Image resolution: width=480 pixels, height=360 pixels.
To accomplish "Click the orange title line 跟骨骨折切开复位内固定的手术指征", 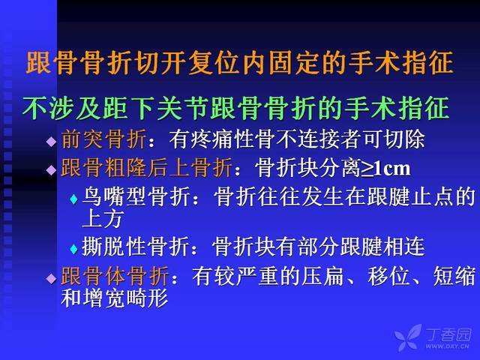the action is pyautogui.click(x=240, y=63).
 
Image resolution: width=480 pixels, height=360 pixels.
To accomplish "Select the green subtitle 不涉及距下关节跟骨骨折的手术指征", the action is pyautogui.click(x=236, y=108).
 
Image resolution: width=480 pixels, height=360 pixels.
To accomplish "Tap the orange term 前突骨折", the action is pyautogui.click(x=103, y=139).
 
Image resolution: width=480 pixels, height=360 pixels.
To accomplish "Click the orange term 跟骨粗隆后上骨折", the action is pyautogui.click(x=147, y=168).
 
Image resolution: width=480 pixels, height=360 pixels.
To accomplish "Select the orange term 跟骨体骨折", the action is pyautogui.click(x=115, y=276).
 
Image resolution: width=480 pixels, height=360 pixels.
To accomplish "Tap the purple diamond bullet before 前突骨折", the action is pyautogui.click(x=51, y=142).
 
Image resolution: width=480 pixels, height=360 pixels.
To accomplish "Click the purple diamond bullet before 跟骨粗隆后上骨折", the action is pyautogui.click(x=51, y=169).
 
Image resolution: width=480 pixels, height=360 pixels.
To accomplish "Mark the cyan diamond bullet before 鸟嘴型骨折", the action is pyautogui.click(x=73, y=199).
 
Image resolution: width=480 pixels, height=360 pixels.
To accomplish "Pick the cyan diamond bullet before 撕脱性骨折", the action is pyautogui.click(x=73, y=249).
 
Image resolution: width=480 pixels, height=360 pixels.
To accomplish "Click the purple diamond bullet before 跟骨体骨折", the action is pyautogui.click(x=51, y=278).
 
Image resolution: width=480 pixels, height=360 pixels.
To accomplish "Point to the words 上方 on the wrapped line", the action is pyautogui.click(x=103, y=219).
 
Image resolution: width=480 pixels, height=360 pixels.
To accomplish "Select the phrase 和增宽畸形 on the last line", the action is pyautogui.click(x=115, y=298).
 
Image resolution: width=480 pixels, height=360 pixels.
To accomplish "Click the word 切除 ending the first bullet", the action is pyautogui.click(x=405, y=139).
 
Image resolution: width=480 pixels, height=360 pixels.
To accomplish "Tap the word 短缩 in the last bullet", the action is pyautogui.click(x=454, y=276).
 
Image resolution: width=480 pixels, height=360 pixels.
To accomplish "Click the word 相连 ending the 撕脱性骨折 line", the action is pyautogui.click(x=403, y=247).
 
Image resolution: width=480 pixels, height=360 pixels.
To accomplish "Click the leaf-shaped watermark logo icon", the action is pyautogui.click(x=408, y=337).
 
